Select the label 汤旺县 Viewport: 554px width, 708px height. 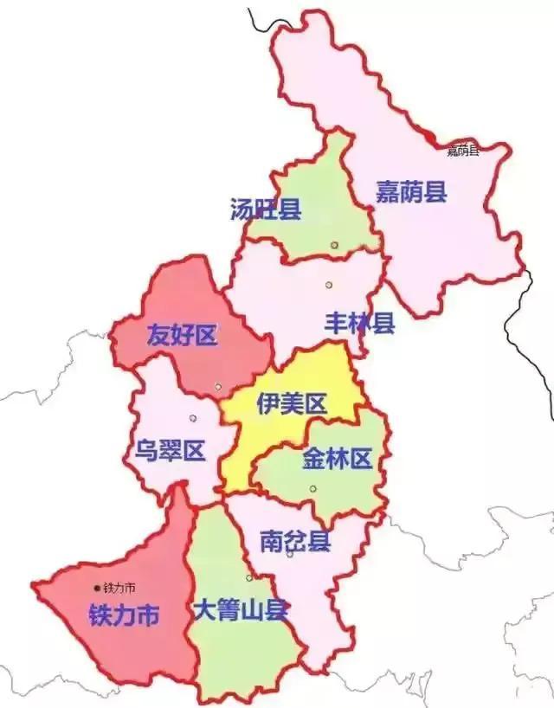(266, 209)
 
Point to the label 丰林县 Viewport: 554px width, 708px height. (359, 324)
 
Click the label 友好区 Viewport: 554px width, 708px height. (182, 335)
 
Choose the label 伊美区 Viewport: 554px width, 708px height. (290, 402)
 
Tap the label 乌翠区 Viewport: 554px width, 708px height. (169, 450)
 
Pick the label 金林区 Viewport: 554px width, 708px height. (337, 460)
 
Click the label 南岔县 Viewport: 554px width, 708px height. (295, 543)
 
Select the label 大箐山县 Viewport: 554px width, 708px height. (242, 608)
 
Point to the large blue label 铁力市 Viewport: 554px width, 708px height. (124, 615)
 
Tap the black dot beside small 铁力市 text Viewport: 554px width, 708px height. (97, 589)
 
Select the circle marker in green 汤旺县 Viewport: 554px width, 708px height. (334, 246)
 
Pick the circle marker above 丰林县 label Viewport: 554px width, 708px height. (329, 285)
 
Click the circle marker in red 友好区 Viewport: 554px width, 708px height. (218, 386)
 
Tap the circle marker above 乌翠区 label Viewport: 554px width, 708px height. (192, 418)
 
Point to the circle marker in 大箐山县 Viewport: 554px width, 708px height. (249, 577)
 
